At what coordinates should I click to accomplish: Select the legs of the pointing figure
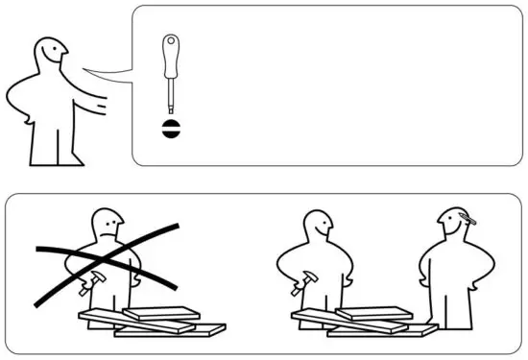pos(48,144)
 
